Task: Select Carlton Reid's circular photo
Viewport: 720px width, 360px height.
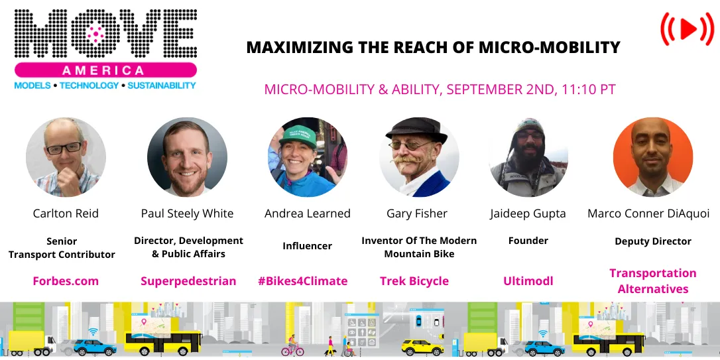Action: (66, 158)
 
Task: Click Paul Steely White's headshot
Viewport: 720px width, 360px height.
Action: (187, 158)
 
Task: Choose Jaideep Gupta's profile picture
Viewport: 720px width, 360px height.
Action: (528, 158)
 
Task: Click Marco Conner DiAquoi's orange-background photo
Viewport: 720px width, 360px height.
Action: (653, 158)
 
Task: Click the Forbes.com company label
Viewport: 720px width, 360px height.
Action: (66, 281)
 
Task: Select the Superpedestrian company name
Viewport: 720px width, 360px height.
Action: (188, 281)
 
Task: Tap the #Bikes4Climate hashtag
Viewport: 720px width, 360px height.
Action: (302, 281)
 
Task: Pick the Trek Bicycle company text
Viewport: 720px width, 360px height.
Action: (414, 281)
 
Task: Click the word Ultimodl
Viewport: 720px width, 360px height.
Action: (528, 281)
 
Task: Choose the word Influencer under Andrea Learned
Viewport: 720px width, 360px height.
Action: (308, 246)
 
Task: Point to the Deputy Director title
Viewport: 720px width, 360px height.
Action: (653, 241)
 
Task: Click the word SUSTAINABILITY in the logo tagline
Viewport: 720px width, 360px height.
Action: (162, 86)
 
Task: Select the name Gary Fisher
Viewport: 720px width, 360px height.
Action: (417, 213)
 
